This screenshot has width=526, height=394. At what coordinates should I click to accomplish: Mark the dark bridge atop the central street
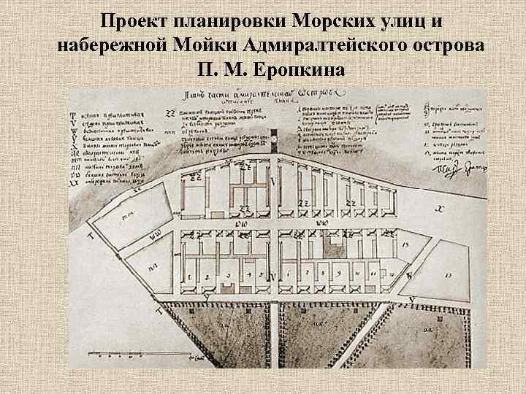[x=273, y=140]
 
